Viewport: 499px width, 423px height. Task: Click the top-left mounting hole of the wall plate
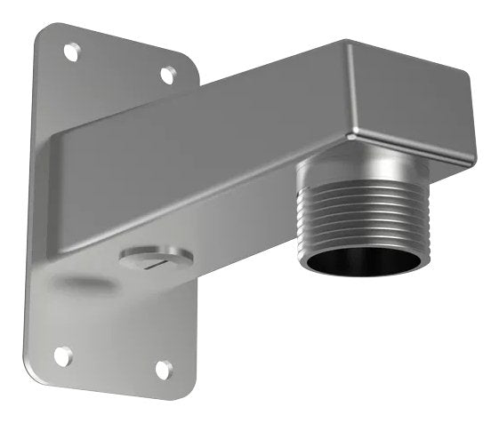pos(71,52)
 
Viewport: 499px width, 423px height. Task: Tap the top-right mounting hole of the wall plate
pos(167,75)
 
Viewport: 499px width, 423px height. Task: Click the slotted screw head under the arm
pos(155,259)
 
